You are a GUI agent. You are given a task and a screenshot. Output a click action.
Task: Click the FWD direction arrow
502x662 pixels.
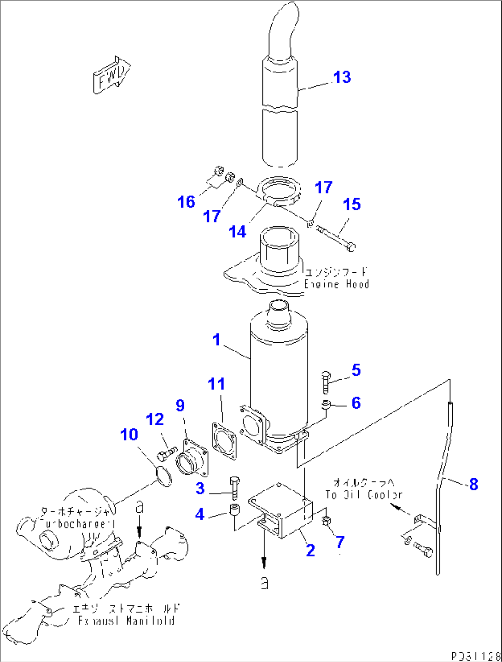pos(111,75)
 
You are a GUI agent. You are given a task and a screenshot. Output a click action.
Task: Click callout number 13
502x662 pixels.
pos(342,77)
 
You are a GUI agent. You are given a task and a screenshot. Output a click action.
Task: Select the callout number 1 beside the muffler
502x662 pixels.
pos(216,340)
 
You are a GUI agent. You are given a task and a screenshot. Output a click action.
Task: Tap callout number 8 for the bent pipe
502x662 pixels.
pos(473,484)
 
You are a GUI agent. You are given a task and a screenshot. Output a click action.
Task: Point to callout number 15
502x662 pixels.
pos(352,204)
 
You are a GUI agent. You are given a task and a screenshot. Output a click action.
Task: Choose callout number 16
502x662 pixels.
pos(186,202)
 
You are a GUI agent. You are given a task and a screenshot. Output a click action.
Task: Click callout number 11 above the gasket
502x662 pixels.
pos(216,384)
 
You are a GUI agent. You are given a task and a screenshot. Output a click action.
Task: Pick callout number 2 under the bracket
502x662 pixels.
pos(310,550)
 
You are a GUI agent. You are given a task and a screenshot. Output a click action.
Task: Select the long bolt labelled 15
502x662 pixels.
pos(335,238)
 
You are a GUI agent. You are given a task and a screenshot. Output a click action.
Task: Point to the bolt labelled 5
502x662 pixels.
pos(326,381)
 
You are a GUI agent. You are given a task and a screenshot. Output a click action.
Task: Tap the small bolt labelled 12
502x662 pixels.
pos(166,453)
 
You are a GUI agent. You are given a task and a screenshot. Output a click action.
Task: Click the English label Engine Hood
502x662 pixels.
pos(337,284)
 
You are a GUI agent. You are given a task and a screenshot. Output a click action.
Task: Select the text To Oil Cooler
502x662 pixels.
pos(364,495)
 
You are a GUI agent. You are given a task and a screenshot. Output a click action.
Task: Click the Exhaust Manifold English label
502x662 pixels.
pos(126,621)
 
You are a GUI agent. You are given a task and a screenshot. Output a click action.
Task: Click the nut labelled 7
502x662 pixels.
pos(326,521)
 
